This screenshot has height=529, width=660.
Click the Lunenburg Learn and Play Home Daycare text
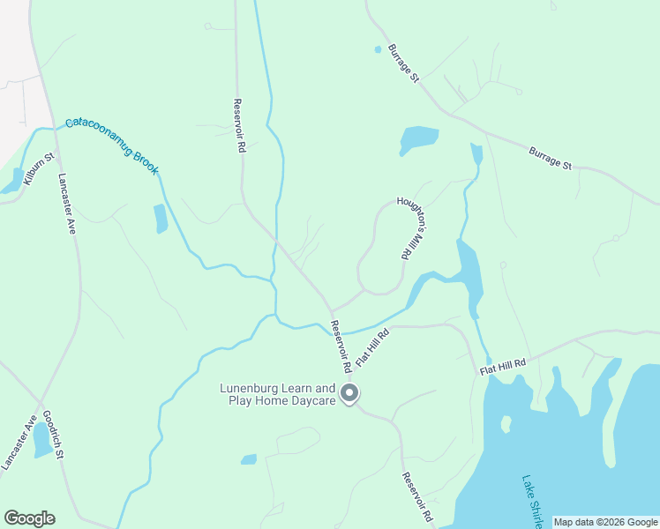278,394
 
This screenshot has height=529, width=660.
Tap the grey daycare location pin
349,394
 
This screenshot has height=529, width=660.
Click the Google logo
29,518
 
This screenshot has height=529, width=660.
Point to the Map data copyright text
605,522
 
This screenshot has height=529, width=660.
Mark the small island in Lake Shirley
506,424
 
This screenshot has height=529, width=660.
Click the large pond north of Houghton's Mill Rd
418,139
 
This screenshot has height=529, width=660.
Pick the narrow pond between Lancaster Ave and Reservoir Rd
161,218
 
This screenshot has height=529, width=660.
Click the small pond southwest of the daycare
249,459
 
